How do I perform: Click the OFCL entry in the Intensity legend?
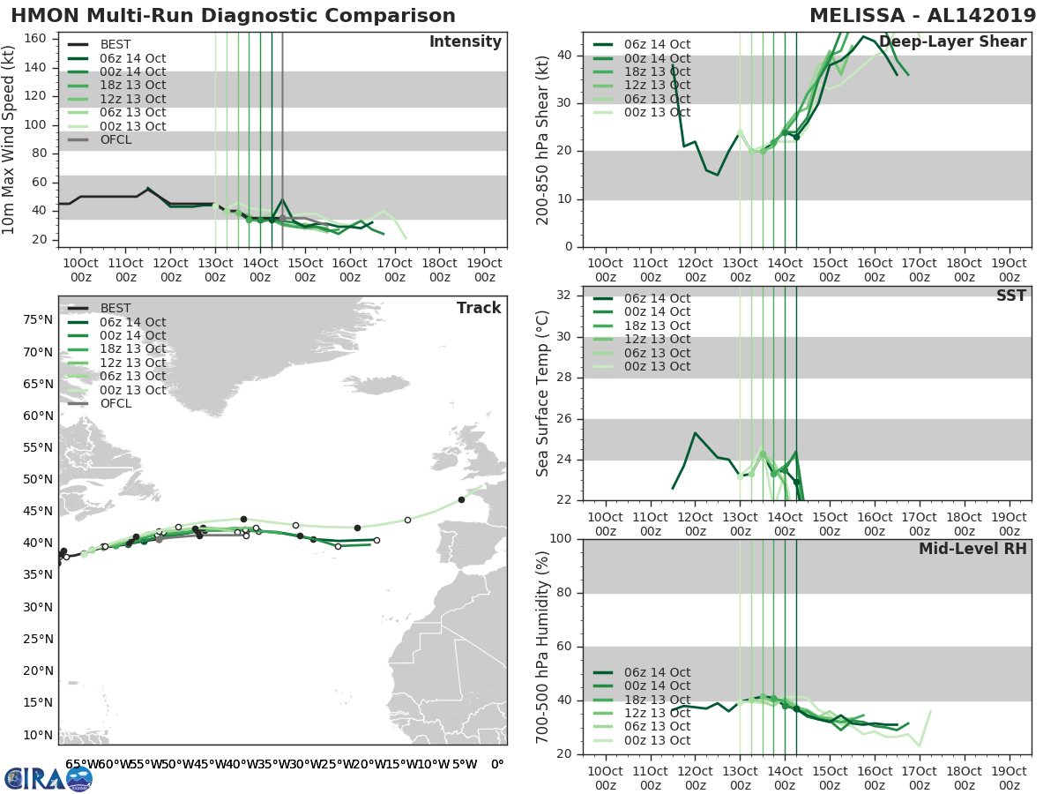click(x=115, y=139)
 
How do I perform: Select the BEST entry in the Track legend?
click(x=115, y=308)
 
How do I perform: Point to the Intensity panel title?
click(x=465, y=42)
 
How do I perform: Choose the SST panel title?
click(x=1010, y=296)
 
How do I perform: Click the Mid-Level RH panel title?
click(x=972, y=549)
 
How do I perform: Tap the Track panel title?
click(x=479, y=308)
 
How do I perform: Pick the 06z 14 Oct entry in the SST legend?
click(x=657, y=298)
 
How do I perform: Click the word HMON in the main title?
click(x=40, y=16)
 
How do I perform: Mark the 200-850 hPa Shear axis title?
click(x=543, y=139)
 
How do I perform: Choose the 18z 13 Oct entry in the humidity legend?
click(x=657, y=700)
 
